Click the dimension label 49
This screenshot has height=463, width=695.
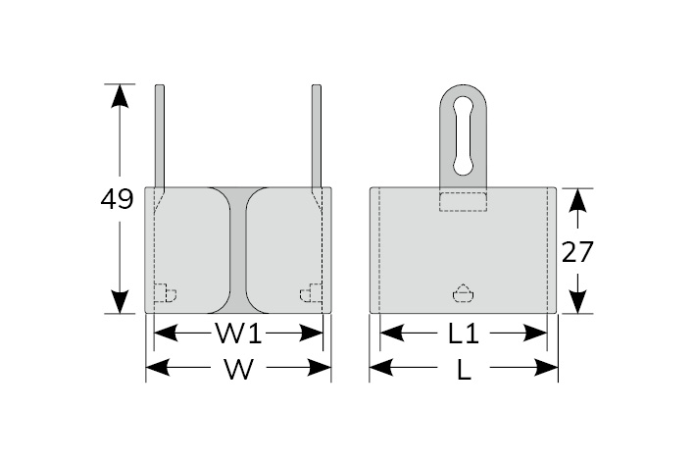[x=117, y=200]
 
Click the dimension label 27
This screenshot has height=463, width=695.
[x=577, y=251]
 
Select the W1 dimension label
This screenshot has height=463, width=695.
[x=238, y=334]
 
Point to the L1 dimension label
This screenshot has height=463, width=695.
[x=463, y=334]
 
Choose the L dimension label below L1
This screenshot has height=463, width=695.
[x=464, y=370]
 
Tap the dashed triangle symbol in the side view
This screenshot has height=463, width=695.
[x=463, y=293]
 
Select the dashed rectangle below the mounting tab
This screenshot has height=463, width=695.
[x=463, y=201]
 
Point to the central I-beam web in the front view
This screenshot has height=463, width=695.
[x=238, y=250]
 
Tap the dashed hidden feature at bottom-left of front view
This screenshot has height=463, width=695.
[x=165, y=293]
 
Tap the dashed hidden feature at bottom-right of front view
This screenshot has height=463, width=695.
[x=311, y=293]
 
